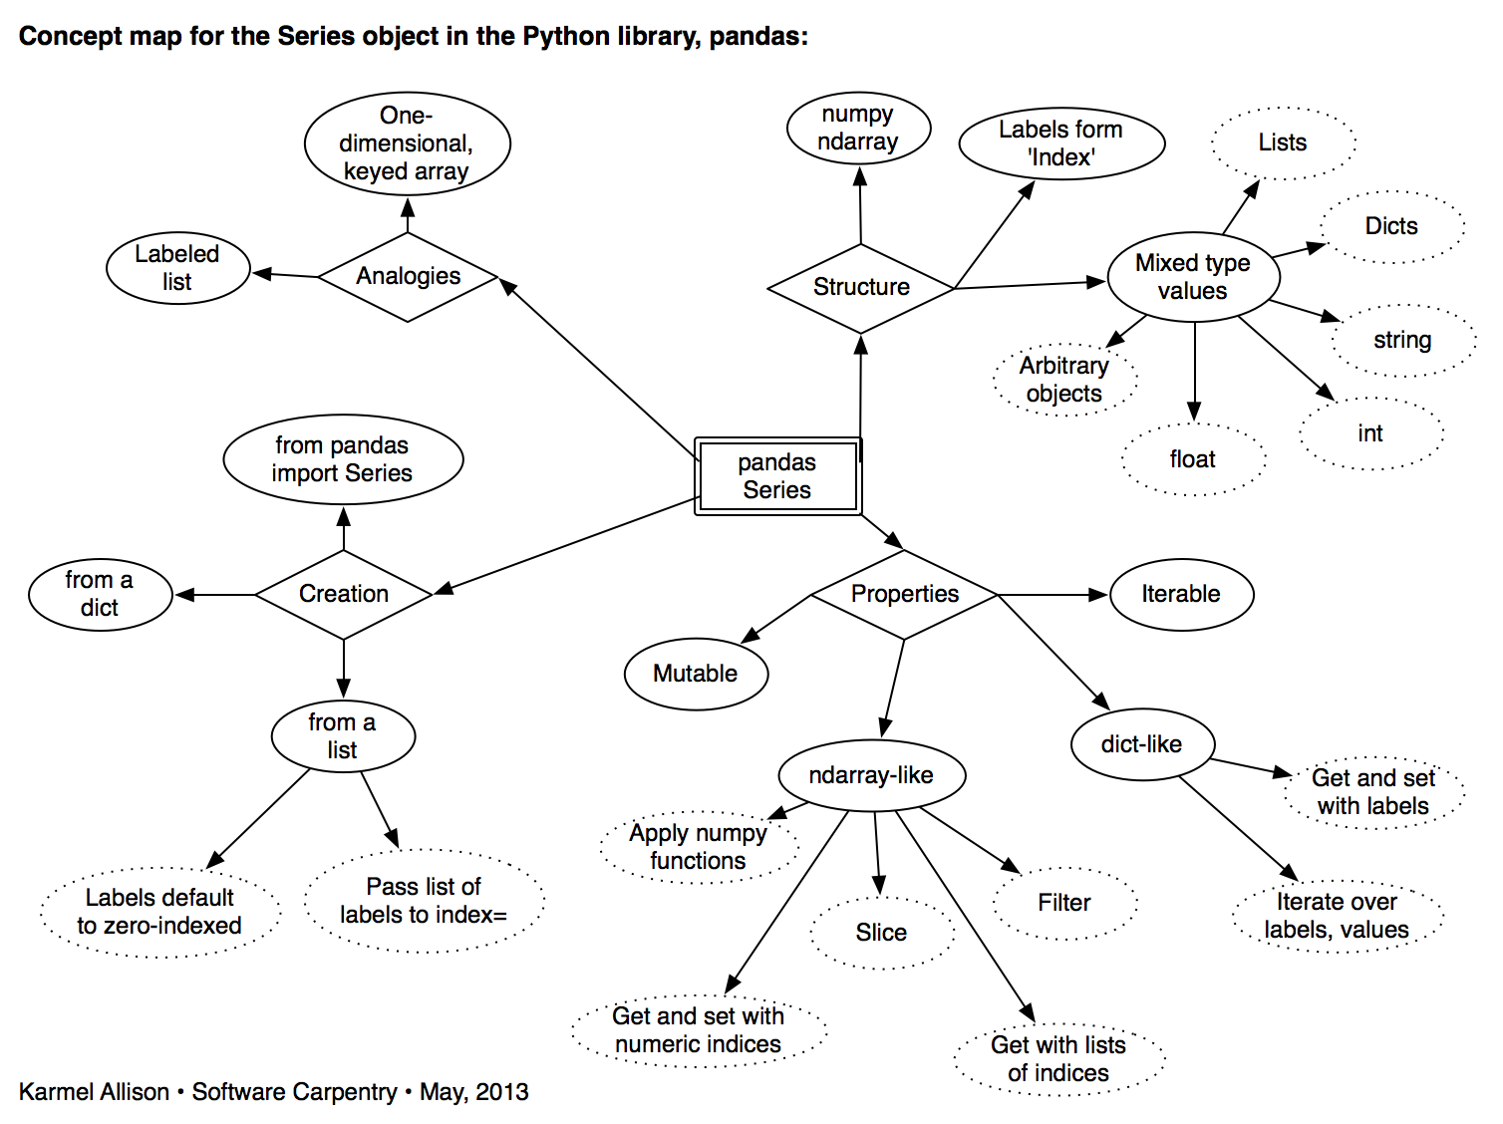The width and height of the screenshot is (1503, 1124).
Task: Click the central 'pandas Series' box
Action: point(777,476)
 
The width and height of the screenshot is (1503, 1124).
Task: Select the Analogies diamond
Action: point(408,276)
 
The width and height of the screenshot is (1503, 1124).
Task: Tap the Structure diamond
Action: point(861,288)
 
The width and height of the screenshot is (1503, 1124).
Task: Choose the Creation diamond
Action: point(344,594)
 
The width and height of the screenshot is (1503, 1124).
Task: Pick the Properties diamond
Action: point(904,594)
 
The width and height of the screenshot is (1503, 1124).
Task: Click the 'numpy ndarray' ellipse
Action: point(858,129)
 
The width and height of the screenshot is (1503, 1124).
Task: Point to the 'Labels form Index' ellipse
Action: point(1061,143)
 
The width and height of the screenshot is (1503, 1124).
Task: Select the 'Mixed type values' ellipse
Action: point(1193,277)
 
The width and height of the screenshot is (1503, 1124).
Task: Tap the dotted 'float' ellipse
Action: point(1193,459)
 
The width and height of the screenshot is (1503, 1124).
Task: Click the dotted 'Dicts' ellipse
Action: point(1391,226)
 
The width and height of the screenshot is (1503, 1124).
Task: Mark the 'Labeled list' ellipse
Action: point(177,268)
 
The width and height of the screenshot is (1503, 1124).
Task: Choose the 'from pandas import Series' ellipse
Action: point(343,459)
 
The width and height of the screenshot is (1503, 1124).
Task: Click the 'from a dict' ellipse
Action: point(100,594)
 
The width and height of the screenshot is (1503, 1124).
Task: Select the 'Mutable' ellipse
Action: point(696,674)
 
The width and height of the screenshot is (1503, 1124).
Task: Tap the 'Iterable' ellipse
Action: point(1181,594)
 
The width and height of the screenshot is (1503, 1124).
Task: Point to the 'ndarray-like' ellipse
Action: point(871,775)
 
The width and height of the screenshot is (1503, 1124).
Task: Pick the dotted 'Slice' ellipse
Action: point(881,933)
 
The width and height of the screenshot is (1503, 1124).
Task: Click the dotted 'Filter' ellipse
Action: point(1064,903)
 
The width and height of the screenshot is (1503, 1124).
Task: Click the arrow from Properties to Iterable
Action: point(1052,595)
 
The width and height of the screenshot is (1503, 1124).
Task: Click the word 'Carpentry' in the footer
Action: point(351,1092)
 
